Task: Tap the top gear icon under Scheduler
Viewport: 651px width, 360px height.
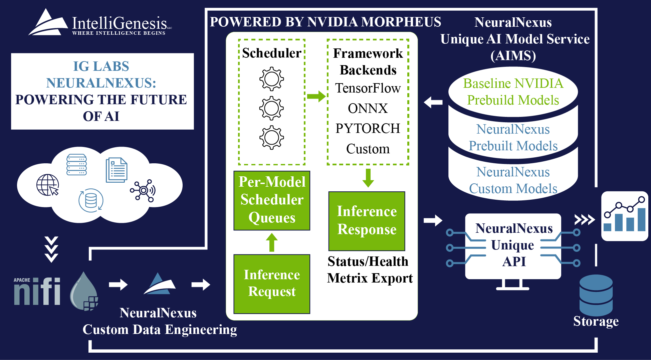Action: [x=271, y=79]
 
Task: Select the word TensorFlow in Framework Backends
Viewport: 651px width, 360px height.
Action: [x=368, y=88]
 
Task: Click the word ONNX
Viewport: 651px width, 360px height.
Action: [x=368, y=109]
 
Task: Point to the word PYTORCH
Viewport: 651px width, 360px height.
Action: [x=368, y=129]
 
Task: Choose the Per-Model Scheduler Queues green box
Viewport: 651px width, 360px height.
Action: [x=272, y=200]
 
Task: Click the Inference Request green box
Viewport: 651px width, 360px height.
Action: [x=272, y=284]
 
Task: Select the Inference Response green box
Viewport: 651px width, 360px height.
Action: [x=367, y=221]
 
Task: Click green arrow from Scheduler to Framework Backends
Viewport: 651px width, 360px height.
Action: [x=316, y=97]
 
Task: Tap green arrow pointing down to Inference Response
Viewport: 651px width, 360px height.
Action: [x=368, y=178]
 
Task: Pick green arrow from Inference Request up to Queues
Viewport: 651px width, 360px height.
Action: [x=272, y=242]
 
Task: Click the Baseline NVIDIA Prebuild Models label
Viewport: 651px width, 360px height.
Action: [x=513, y=92]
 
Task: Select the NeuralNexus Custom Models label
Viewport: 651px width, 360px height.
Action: [x=513, y=180]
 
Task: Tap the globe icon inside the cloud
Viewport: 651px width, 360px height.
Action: [x=47, y=185]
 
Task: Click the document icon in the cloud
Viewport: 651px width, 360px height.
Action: [x=117, y=170]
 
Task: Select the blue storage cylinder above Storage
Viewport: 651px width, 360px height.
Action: [x=596, y=295]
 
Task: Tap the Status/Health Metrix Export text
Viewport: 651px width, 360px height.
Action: [x=369, y=270]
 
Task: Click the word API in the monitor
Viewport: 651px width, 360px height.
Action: [x=514, y=261]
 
